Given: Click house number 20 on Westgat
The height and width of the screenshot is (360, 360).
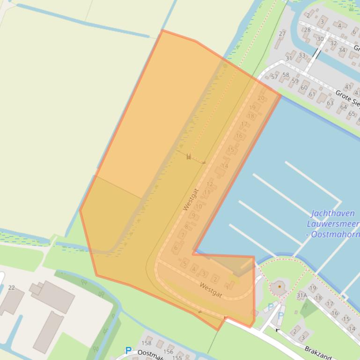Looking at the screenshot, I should [261, 98].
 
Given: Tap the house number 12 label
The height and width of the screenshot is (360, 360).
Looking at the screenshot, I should [209, 184].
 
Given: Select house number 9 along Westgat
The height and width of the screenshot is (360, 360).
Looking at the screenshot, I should [193, 216].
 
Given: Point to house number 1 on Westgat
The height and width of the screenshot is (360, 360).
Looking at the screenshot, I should [227, 286].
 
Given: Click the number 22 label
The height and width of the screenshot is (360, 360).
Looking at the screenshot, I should [11, 288].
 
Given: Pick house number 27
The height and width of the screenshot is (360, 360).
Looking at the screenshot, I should [282, 34].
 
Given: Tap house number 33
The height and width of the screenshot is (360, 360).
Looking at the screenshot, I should [302, 56].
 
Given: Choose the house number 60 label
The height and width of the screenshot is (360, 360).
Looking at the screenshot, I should [304, 87].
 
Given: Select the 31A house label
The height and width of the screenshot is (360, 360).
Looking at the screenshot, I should [301, 295].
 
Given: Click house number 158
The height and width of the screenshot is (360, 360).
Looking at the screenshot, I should [147, 343].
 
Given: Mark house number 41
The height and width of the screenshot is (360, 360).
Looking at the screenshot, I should [348, 87].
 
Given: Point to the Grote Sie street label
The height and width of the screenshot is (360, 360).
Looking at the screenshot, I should [347, 98].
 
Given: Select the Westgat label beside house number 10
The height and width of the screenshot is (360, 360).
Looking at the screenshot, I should [191, 199].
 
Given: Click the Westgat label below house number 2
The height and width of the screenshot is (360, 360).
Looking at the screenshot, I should [211, 290].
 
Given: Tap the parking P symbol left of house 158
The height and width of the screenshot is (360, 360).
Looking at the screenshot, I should [128, 350].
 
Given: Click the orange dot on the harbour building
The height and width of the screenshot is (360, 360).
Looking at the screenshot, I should [279, 286].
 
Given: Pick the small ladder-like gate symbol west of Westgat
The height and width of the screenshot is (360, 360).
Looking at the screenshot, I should [189, 157].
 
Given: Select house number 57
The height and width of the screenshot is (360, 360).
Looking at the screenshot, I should [275, 77].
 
